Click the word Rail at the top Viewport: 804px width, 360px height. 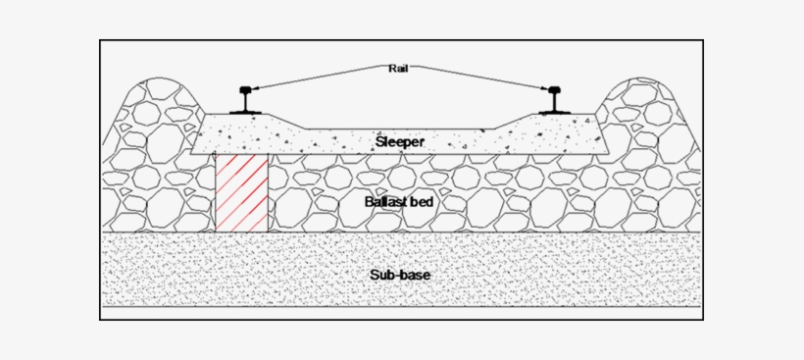coord(398,68)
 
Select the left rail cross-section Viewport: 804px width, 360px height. coord(244,101)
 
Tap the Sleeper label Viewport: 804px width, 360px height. coord(400,142)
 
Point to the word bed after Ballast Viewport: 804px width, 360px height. coord(423,202)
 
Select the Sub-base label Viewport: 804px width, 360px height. coord(400,275)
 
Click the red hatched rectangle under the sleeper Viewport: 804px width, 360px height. coord(241,192)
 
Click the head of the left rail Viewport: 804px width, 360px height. coord(244,92)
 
